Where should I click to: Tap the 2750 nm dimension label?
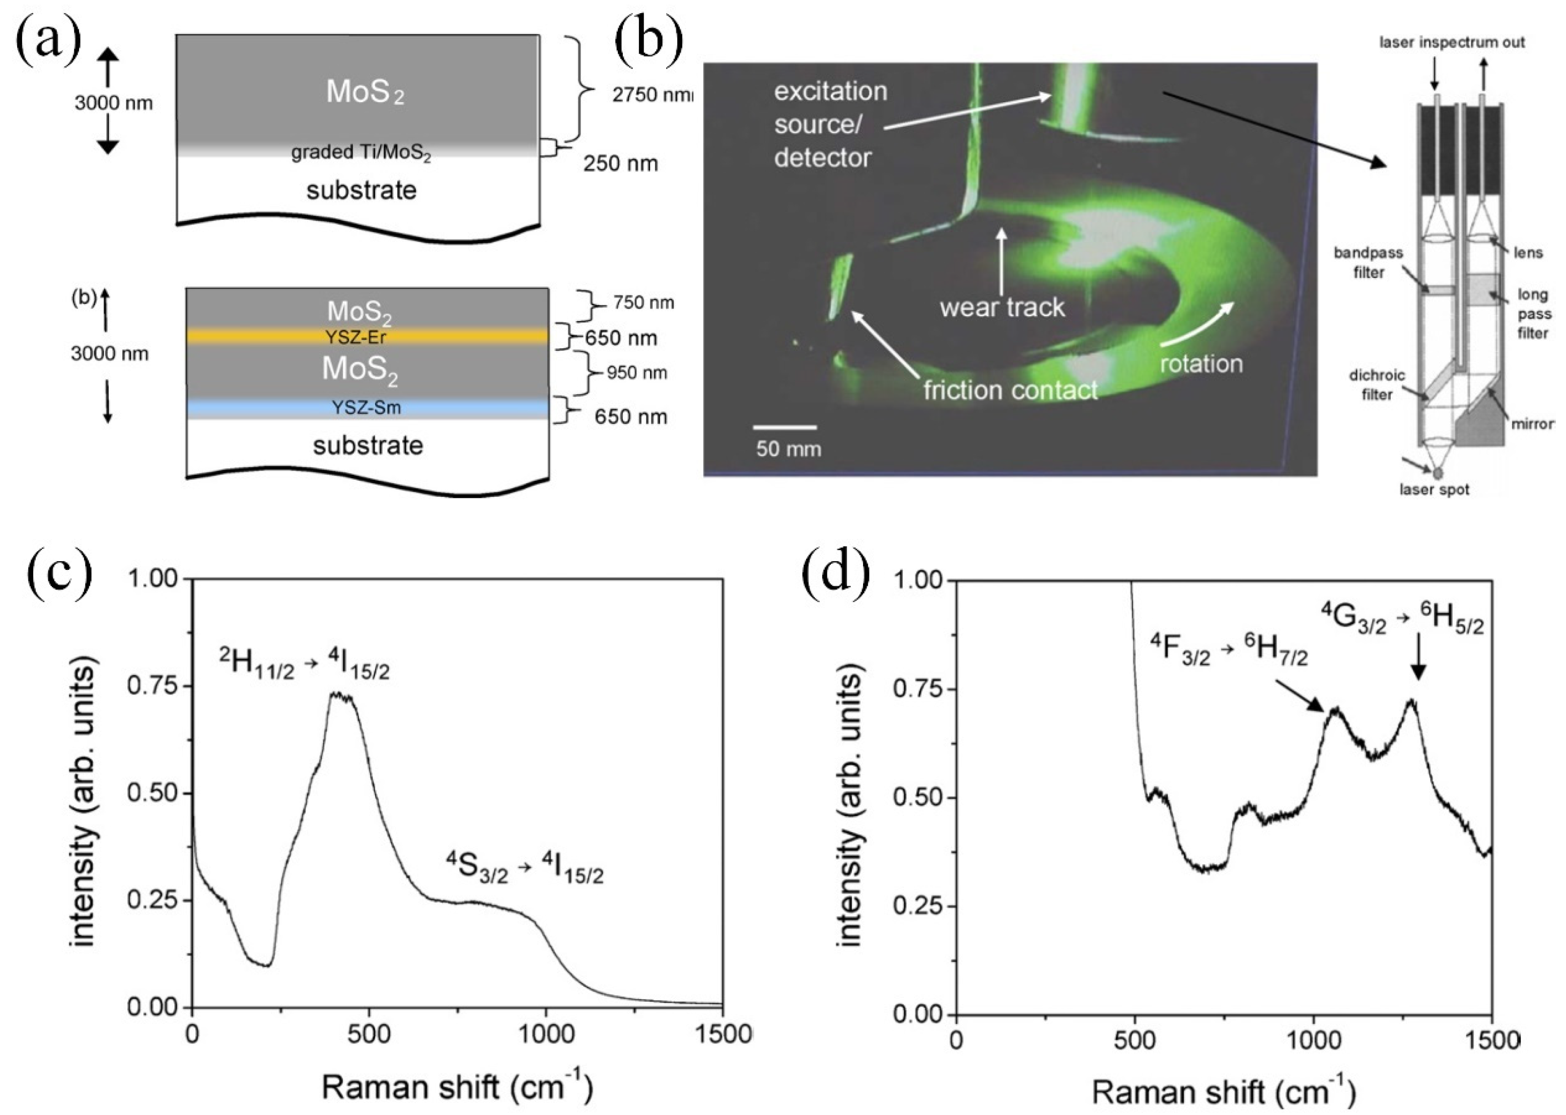(x=651, y=95)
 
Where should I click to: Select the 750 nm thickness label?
(x=643, y=303)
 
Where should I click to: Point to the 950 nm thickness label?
(x=636, y=373)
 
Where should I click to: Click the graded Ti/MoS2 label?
(x=361, y=153)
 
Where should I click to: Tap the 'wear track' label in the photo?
(x=1002, y=307)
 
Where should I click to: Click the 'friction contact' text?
(x=1010, y=390)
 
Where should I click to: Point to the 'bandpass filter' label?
(x=1368, y=262)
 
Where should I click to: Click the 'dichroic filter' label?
(x=1377, y=385)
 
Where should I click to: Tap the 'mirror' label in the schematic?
(x=1532, y=424)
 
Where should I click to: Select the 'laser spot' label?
(x=1434, y=489)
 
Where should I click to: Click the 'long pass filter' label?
(x=1532, y=314)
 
